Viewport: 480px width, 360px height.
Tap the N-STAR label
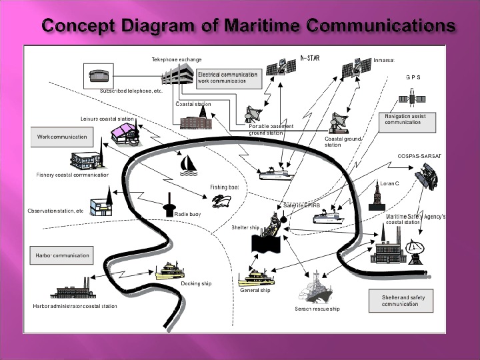[310, 59]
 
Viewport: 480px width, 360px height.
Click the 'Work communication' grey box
[62, 137]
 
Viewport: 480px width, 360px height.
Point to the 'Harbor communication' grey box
[62, 255]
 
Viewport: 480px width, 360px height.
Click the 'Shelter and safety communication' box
[399, 301]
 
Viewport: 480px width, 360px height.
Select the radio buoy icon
[169, 201]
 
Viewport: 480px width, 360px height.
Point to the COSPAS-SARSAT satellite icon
[425, 177]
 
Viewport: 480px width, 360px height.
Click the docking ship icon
[174, 270]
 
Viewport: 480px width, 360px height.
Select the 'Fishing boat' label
[224, 188]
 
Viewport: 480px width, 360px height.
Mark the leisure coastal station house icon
[125, 133]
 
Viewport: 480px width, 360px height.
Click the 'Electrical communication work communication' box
[227, 77]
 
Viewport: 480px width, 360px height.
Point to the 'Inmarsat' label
[384, 60]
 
